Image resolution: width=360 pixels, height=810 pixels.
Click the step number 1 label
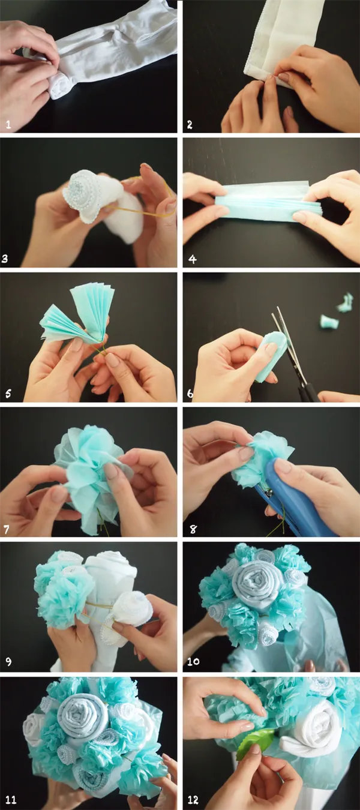(x=8, y=125)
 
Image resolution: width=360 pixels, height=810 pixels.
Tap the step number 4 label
(x=192, y=259)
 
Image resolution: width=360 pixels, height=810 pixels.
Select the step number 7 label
(x=7, y=530)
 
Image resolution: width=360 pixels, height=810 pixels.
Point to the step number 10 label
(x=193, y=661)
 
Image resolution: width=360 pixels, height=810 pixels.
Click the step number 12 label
(x=193, y=800)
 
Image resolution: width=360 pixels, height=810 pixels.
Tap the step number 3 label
(x=5, y=259)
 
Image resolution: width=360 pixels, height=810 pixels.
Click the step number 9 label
(x=8, y=661)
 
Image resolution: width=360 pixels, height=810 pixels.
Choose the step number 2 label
(x=190, y=125)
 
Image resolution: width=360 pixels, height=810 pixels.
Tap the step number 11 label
(x=11, y=800)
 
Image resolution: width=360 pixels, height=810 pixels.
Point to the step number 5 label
(x=8, y=394)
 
